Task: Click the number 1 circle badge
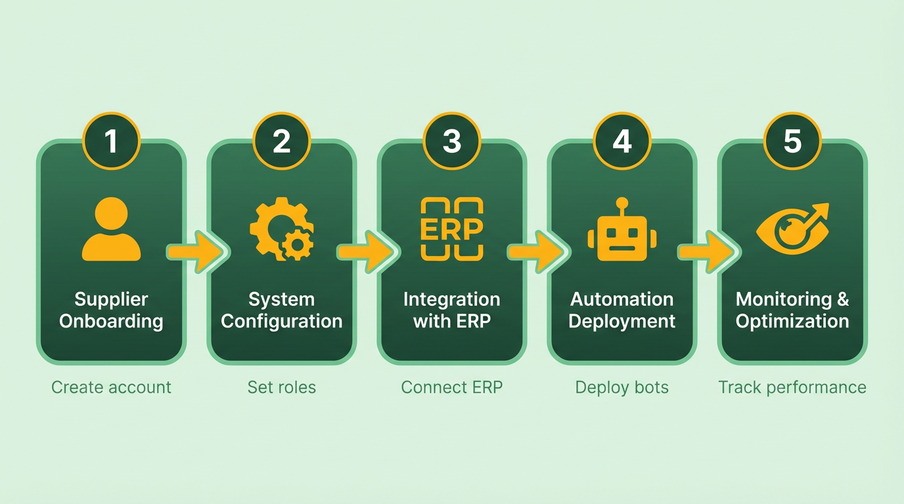pyautogui.click(x=111, y=141)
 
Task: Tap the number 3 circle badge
pyautogui.click(x=452, y=141)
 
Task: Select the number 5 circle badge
pyautogui.click(x=792, y=141)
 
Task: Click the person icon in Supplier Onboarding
pyautogui.click(x=111, y=230)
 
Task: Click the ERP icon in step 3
pyautogui.click(x=452, y=229)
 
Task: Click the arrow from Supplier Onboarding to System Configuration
pyautogui.click(x=195, y=251)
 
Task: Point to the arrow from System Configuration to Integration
pyautogui.click(x=366, y=251)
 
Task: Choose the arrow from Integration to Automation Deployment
pyautogui.click(x=536, y=251)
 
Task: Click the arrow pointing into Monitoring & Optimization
pyautogui.click(x=707, y=251)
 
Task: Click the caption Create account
pyautogui.click(x=111, y=387)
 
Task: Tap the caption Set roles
pyautogui.click(x=282, y=387)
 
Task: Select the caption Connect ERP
pyautogui.click(x=452, y=387)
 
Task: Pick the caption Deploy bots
pyautogui.click(x=622, y=387)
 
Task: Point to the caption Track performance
pyautogui.click(x=792, y=387)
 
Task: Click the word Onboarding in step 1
pyautogui.click(x=111, y=322)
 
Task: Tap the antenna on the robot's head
pyautogui.click(x=622, y=203)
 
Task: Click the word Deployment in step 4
pyautogui.click(x=622, y=322)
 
